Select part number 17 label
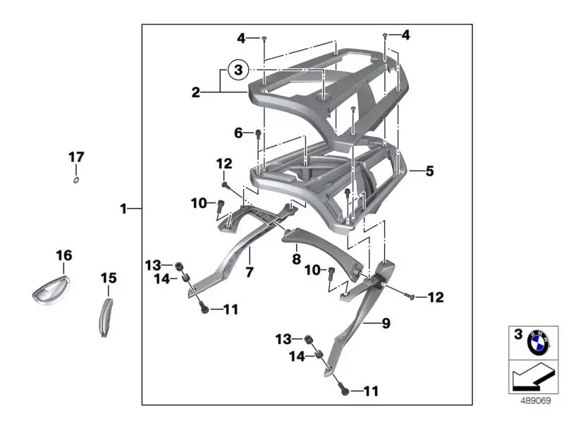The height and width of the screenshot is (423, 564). pos(76,157)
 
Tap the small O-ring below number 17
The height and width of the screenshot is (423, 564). pos(75,179)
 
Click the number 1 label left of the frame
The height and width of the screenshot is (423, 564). pos(123,209)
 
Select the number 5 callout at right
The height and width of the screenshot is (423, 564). pos(430,171)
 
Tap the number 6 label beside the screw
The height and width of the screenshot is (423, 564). pos(238,133)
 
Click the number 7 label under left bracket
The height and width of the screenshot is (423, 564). pos(248,271)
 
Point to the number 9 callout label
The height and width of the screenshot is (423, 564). pos(386,324)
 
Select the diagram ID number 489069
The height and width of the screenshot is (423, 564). pos(535,400)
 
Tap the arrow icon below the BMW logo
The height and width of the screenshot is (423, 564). pos(534,377)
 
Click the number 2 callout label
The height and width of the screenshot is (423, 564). pos(196,92)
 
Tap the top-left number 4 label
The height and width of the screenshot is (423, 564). pos(240,37)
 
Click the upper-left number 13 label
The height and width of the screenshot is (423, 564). pos(154,265)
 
